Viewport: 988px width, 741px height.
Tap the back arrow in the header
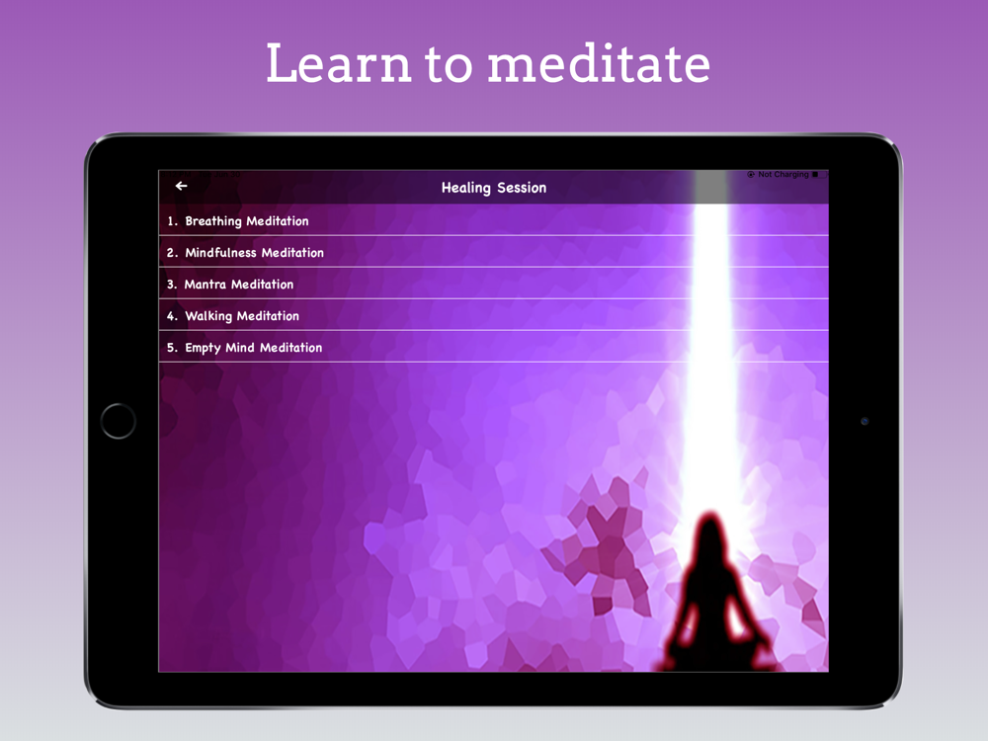(x=182, y=186)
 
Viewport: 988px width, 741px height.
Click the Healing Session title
(x=494, y=188)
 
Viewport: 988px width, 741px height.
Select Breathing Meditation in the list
(x=247, y=221)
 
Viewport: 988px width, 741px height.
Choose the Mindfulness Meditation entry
(x=255, y=253)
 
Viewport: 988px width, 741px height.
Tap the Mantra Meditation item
(x=239, y=285)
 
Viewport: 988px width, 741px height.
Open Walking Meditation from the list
(x=242, y=316)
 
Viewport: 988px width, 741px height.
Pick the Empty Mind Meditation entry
(x=253, y=348)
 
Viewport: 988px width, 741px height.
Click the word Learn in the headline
(x=339, y=63)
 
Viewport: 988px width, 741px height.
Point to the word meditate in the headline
(x=600, y=63)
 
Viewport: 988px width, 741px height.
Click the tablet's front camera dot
(x=864, y=421)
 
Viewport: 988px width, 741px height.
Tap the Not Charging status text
(x=783, y=175)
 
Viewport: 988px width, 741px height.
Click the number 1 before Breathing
(x=171, y=221)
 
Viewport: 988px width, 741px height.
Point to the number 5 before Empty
(x=171, y=348)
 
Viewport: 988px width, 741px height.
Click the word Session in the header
(x=522, y=188)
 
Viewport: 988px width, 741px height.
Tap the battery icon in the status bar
(x=818, y=175)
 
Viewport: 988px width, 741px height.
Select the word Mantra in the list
(x=205, y=285)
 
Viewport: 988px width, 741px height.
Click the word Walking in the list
(x=208, y=316)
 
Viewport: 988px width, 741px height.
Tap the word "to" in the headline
(x=449, y=64)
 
